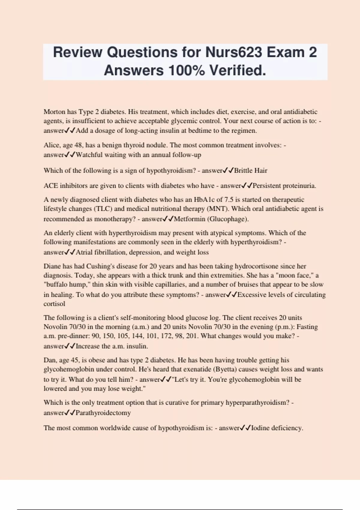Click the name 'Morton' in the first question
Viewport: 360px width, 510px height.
[x=54, y=112]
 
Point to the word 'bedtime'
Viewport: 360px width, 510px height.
[x=199, y=130]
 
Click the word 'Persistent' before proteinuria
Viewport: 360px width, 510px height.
[x=267, y=186]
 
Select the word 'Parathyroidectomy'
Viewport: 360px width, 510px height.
[x=103, y=413]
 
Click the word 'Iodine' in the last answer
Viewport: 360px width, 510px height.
[x=260, y=428]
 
